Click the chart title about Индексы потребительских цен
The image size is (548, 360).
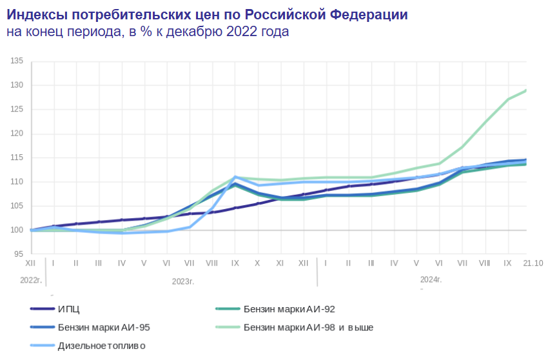(207, 14)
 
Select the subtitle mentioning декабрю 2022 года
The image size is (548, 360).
(148, 32)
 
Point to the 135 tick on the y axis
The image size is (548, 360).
(17, 61)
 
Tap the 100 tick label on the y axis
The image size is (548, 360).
(17, 230)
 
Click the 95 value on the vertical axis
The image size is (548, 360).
(19, 254)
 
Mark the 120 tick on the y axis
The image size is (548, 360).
(17, 134)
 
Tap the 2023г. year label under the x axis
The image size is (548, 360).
(182, 281)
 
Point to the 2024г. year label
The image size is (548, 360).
(431, 280)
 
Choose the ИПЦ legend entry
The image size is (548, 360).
(69, 309)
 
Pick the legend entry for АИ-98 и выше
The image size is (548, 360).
(308, 327)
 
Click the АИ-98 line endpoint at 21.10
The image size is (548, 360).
(526, 90)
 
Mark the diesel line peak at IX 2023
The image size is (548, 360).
(235, 177)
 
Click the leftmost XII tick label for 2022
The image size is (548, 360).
(30, 264)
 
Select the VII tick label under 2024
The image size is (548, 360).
(462, 264)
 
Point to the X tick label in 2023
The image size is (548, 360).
(257, 264)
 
